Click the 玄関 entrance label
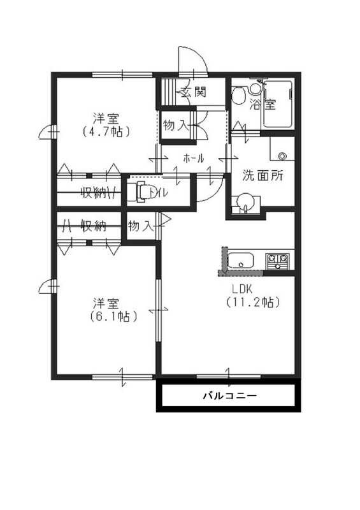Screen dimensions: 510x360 pos(193,92)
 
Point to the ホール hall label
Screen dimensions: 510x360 pos(193,158)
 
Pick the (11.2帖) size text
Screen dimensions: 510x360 pos(253,303)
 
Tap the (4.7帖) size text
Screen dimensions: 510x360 pos(106,132)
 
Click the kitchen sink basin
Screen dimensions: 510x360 pos(241,261)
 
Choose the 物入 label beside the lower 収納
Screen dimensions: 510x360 pos(141,226)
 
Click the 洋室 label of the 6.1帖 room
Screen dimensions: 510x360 pos(106,302)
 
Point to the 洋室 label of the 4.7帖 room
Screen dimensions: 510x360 pos(106,118)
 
